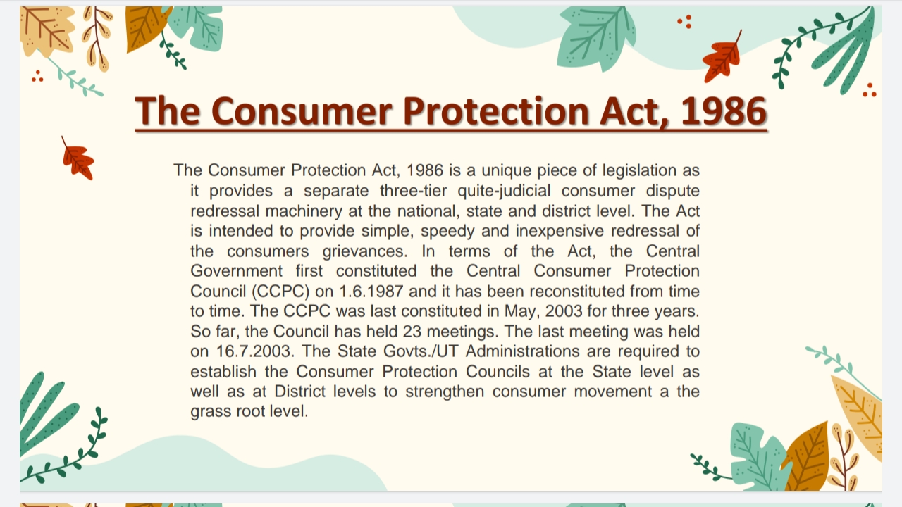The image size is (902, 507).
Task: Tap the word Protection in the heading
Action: pyautogui.click(x=493, y=111)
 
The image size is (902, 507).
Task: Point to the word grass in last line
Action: pyautogui.click(x=211, y=411)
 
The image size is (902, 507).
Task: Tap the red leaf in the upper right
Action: pyautogui.click(x=722, y=58)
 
